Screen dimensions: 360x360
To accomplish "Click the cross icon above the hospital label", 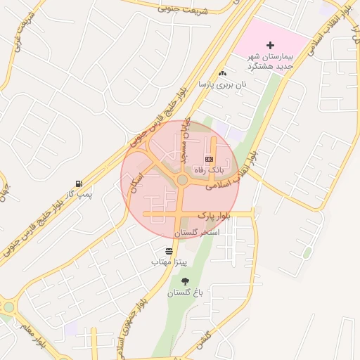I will point(271,45).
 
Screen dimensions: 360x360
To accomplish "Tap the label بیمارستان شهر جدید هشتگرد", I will point(270,61).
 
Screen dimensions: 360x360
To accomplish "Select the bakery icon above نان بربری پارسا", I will point(223,73).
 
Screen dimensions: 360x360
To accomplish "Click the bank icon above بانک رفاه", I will point(208,160).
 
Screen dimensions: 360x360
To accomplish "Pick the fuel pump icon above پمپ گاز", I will point(79,184).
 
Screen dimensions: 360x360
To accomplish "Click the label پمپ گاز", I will point(79,194).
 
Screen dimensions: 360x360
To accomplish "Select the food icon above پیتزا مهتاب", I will point(169,251).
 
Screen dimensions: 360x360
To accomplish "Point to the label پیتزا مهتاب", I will point(169,262).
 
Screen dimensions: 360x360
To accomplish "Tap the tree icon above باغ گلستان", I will point(185,282).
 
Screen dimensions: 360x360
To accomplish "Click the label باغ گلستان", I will point(185,292).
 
